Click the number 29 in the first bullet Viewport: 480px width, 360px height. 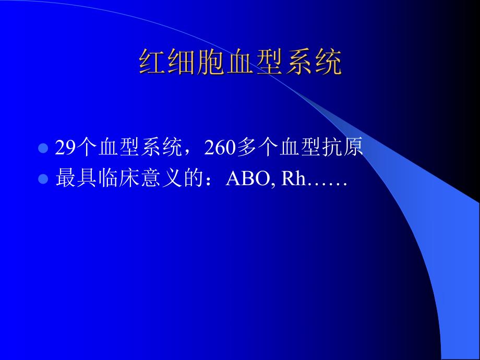pyautogui.click(x=66, y=149)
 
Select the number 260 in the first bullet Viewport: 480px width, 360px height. pyautogui.click(x=220, y=149)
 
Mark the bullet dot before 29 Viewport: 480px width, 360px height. pyautogui.click(x=43, y=149)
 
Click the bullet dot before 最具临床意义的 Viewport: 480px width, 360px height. pyautogui.click(x=43, y=179)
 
